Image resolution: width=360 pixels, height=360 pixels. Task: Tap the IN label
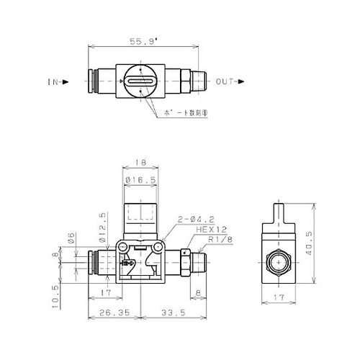click(53, 81)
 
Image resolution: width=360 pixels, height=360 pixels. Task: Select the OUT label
click(223, 81)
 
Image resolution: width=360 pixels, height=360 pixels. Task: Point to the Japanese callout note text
click(177, 114)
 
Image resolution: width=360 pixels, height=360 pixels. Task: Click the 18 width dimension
click(141, 164)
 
